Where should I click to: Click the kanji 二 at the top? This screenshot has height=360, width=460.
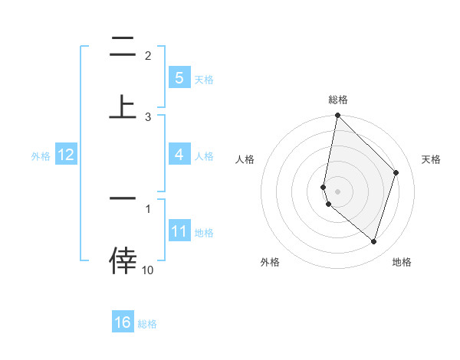tap(123, 47)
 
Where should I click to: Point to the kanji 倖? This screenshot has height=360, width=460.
tap(123, 260)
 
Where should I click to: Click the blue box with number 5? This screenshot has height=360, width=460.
tap(179, 78)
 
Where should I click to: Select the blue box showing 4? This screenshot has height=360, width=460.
tap(179, 155)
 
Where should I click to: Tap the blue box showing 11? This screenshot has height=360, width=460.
tap(179, 231)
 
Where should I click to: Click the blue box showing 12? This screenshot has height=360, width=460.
tap(65, 155)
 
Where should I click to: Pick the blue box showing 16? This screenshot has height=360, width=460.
tap(123, 322)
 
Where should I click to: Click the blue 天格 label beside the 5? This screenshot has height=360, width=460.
tap(204, 80)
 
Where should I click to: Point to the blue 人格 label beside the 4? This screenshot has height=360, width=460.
tap(204, 156)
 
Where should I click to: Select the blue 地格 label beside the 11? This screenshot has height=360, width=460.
tap(204, 233)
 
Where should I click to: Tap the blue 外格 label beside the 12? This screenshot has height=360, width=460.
tap(40, 156)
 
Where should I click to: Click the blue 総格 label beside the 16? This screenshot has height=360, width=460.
tap(147, 324)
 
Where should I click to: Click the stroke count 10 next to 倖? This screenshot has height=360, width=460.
tap(148, 270)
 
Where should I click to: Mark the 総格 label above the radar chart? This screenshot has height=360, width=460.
tap(337, 100)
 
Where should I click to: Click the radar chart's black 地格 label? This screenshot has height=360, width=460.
tap(402, 262)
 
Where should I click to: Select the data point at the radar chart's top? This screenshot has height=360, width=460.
tap(337, 115)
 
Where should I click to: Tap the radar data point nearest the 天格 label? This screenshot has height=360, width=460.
tap(396, 172)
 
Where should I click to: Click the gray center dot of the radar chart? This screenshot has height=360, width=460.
tap(337, 191)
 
